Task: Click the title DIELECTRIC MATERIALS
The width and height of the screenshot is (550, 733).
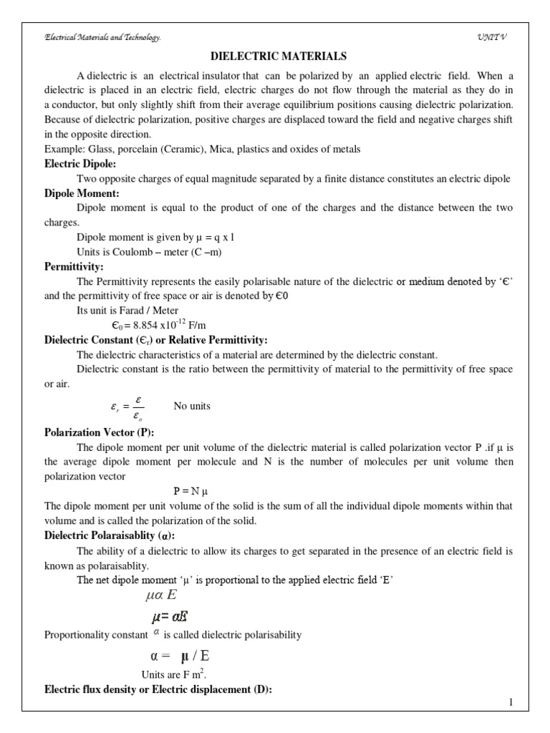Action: click(276, 56)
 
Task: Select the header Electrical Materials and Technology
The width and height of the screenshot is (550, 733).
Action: click(103, 37)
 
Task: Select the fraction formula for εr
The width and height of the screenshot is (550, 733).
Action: click(125, 407)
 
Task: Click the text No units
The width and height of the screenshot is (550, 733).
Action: click(192, 406)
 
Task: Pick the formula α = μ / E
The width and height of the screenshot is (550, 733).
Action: click(180, 656)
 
